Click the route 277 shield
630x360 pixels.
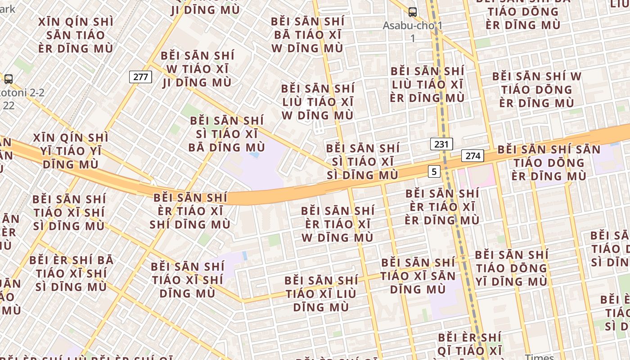click(140, 77)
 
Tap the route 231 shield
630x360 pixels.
click(441, 144)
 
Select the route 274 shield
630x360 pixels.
click(472, 156)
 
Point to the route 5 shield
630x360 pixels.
click(434, 171)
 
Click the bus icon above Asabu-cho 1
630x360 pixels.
click(412, 12)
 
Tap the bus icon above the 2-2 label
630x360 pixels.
click(9, 79)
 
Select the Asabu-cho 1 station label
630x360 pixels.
click(413, 31)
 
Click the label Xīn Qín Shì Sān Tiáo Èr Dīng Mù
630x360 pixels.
click(76, 35)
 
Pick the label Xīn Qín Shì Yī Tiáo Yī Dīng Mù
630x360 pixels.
click(71, 151)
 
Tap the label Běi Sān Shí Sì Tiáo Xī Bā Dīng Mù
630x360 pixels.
click(227, 134)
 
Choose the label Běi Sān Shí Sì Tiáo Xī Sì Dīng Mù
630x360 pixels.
click(363, 162)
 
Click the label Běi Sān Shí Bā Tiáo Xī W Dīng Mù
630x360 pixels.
click(308, 35)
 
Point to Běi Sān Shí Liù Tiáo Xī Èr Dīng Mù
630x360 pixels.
click(427, 84)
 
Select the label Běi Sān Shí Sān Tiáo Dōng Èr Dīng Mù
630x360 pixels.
click(549, 162)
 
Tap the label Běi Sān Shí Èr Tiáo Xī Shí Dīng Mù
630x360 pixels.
click(190, 211)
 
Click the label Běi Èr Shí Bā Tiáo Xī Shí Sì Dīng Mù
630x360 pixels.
click(71, 273)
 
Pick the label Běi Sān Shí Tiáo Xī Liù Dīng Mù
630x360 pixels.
click(321, 294)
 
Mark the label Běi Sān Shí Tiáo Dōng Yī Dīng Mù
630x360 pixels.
click(512, 268)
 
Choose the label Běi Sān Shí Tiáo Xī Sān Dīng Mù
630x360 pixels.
click(418, 275)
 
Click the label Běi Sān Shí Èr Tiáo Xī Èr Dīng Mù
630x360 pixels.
click(442, 207)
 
